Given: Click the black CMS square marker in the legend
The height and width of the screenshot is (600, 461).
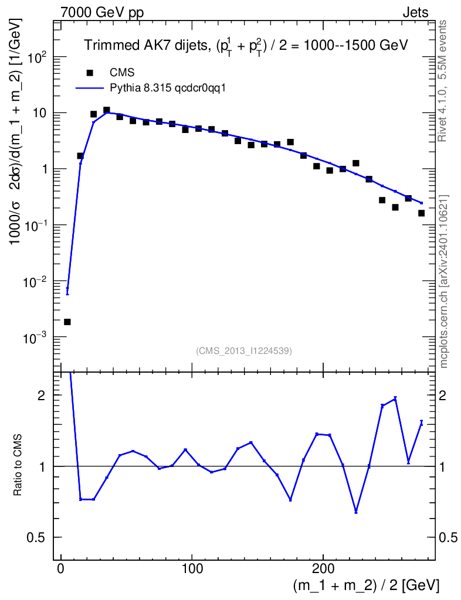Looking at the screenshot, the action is point(90,72).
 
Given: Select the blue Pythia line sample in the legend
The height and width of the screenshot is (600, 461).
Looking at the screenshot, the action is point(90,88).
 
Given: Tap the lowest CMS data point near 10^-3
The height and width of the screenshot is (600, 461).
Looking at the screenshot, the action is point(67,322).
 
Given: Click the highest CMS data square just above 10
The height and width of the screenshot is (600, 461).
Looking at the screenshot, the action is point(106,110).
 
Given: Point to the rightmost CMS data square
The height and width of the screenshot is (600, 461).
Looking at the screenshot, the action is point(421,213).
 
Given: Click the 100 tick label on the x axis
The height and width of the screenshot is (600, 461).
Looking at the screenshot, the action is point(192,568).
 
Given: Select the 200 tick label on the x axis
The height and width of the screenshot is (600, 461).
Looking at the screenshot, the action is point(323,568).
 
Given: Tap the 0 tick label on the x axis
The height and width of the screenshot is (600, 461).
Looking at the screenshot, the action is point(60,568).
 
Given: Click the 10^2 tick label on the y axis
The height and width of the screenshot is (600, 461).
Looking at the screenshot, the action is point(36,57).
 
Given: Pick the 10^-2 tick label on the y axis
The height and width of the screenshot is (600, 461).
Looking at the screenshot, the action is point(35,282).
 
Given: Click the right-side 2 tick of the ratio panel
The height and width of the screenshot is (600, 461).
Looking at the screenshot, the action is point(443,396).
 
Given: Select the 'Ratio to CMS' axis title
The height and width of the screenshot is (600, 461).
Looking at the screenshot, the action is point(18,465).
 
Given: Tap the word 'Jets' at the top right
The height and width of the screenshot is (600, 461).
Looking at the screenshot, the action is point(415,13).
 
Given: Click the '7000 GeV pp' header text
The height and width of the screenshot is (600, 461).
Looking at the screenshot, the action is point(102,13).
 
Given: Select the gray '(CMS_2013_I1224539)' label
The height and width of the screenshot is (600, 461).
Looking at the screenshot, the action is point(244,351).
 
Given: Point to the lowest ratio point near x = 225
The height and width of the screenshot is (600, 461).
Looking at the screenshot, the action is point(356,512).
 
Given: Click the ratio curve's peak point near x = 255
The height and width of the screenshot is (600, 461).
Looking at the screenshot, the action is point(395,398).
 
